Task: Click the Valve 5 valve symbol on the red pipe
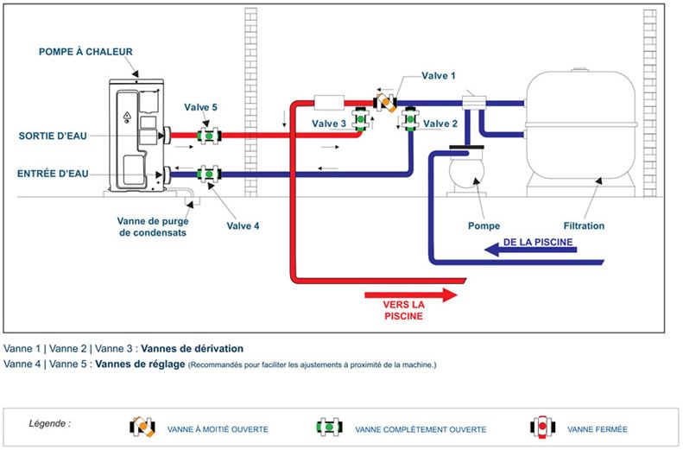(209, 136)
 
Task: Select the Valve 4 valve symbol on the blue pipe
(209, 174)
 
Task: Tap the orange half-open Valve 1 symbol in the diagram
(385, 103)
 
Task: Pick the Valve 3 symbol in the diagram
(361, 118)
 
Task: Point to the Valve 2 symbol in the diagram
(410, 118)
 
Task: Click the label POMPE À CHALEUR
(85, 52)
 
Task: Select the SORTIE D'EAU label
(53, 136)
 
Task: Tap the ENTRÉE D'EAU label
(53, 174)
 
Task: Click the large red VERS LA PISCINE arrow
(411, 295)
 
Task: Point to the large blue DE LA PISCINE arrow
(530, 250)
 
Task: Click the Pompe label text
(484, 225)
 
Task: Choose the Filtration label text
(584, 225)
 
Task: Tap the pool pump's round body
(466, 172)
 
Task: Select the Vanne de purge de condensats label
(153, 226)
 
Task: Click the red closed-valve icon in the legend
(542, 427)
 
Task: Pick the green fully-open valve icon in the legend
(329, 427)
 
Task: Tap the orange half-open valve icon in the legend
(142, 427)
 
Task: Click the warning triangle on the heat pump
(127, 117)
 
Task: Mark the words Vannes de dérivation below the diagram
(192, 348)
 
